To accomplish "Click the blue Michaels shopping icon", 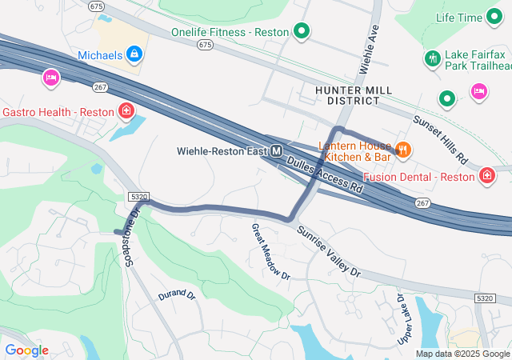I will pos(134,54).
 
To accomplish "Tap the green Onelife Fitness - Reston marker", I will pos(302,32).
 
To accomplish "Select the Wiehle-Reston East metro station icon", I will pos(277,150).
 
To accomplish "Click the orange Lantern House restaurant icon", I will pos(403,148).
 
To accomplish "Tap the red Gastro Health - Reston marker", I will pos(126,110).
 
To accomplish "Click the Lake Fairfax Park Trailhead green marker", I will pos(433,58).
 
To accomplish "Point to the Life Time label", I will pos(459,17).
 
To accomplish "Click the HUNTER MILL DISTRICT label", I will pos(346,95).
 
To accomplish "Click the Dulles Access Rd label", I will pos(325,176).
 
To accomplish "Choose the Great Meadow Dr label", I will pos(270,250).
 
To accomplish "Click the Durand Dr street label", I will pos(177,295).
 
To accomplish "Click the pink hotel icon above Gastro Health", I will pos(50,78).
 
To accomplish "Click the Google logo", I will pos(26,350).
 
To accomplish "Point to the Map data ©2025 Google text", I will pos(462,354).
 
